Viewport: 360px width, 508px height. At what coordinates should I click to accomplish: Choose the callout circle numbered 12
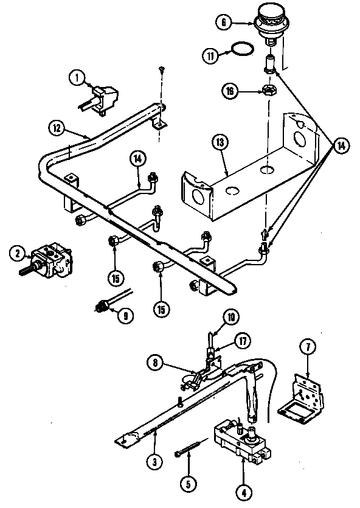[x=57, y=128]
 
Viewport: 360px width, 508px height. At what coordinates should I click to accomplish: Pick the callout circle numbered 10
[x=215, y=316]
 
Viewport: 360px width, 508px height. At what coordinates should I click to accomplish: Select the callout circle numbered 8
[x=156, y=364]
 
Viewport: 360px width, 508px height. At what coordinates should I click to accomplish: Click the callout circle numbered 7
[x=307, y=348]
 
